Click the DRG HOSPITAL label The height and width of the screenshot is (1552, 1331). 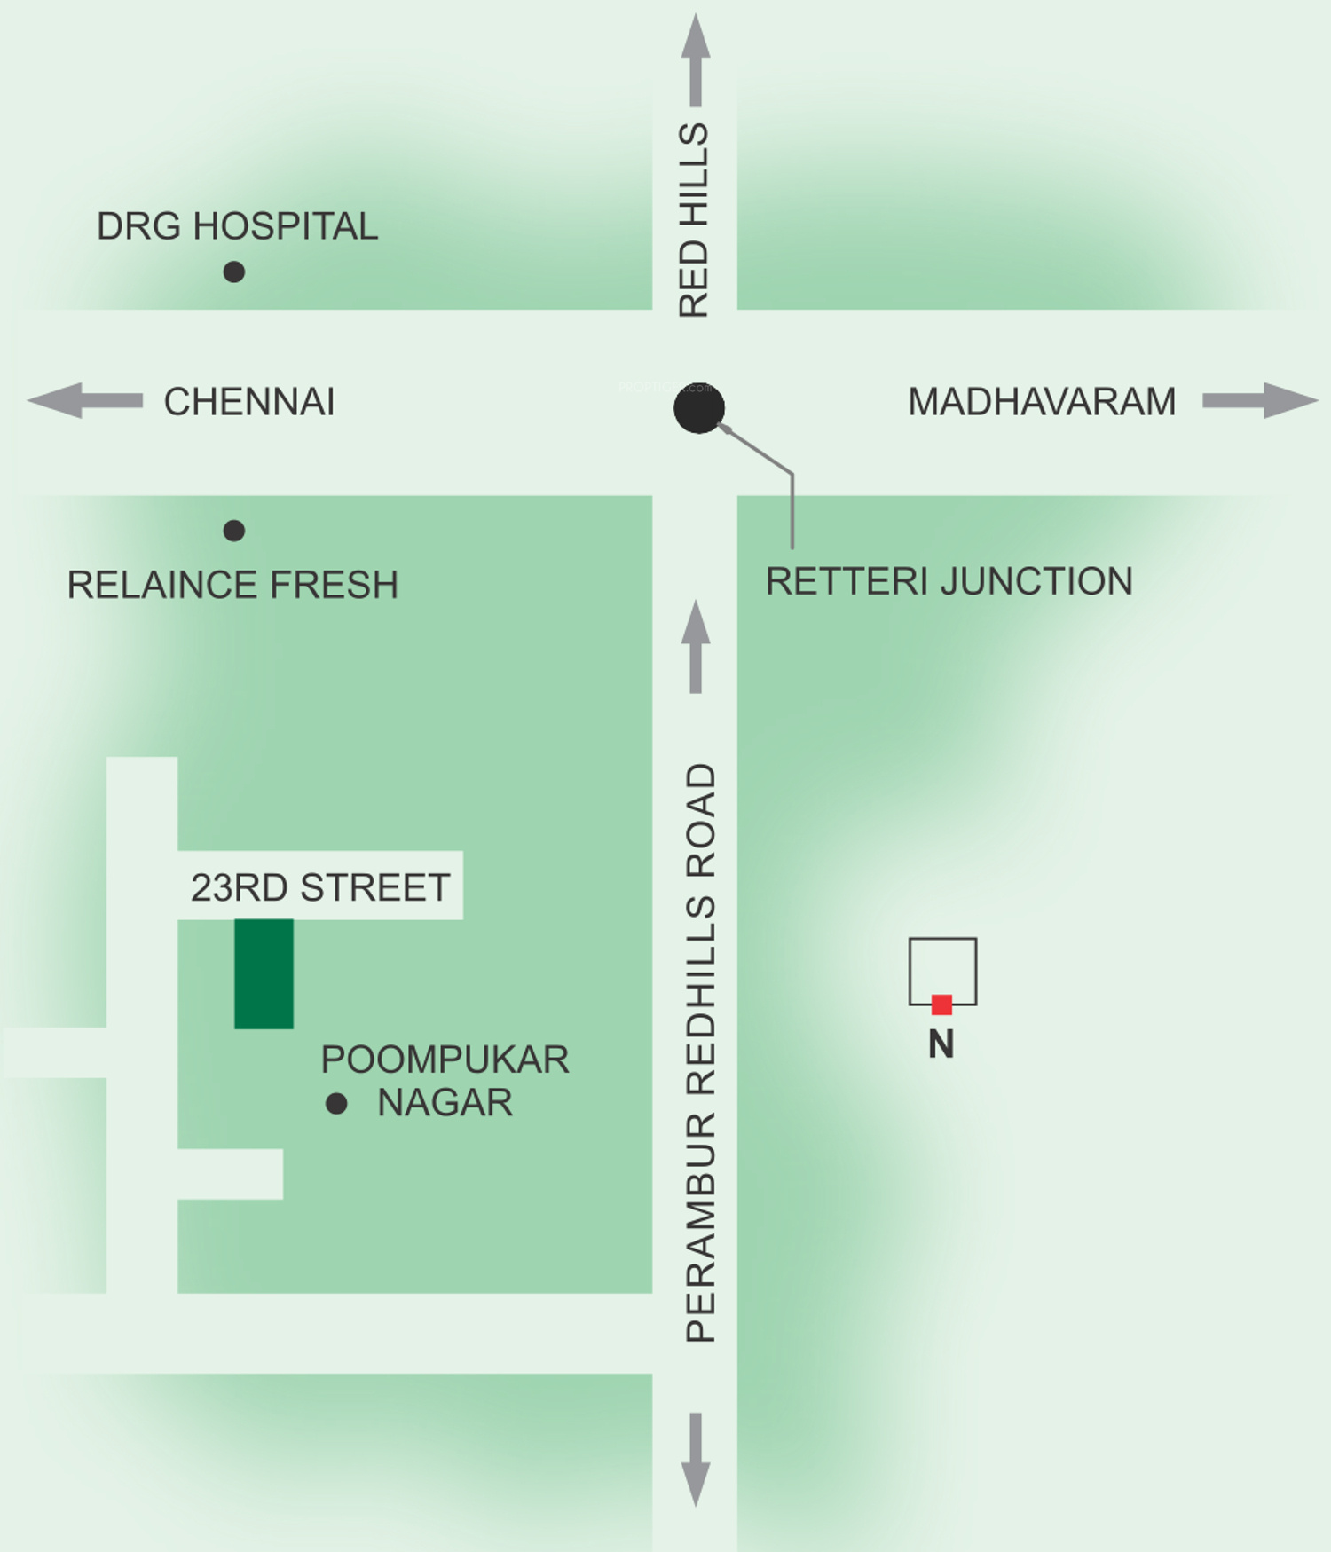[x=237, y=227]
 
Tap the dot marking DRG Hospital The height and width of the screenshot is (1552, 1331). [x=234, y=272]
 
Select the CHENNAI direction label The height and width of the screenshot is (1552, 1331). [x=249, y=402]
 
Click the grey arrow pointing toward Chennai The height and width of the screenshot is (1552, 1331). [x=85, y=400]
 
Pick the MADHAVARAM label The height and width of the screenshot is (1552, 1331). [x=1042, y=402]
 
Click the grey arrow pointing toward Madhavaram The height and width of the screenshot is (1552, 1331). [x=1260, y=400]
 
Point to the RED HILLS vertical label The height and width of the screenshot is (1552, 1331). [x=694, y=221]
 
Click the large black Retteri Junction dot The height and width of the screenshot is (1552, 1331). [x=699, y=409]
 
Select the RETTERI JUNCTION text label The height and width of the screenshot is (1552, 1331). [x=949, y=582]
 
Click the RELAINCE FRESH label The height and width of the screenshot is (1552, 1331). [x=232, y=586]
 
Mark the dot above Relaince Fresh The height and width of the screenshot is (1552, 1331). [x=234, y=531]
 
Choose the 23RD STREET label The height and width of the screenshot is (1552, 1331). [x=320, y=887]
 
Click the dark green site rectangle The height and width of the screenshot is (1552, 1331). [x=264, y=973]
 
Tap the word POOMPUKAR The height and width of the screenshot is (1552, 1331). [x=445, y=1060]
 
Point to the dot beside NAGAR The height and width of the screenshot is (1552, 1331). [x=336, y=1103]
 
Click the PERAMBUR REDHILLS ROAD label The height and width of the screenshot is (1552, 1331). [x=701, y=1052]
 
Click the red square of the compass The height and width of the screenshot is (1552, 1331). [x=941, y=1004]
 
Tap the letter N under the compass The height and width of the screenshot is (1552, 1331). [x=941, y=1044]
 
